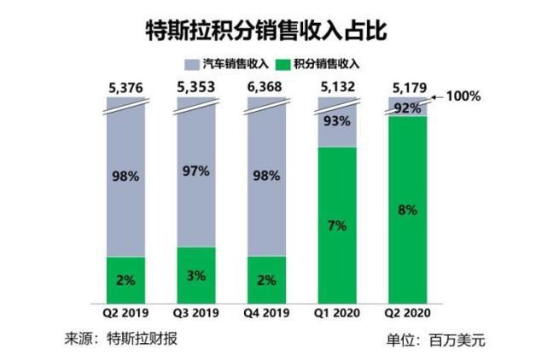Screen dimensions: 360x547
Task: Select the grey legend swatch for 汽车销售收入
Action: click(191, 64)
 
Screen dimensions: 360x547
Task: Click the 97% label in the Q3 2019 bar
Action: click(195, 171)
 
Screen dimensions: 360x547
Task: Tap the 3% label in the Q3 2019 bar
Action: click(195, 275)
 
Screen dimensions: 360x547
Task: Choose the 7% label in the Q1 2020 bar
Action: click(337, 225)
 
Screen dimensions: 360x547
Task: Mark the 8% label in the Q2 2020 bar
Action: click(407, 209)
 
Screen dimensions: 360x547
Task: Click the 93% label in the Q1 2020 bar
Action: click(337, 121)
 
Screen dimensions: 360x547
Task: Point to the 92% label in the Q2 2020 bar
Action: click(407, 108)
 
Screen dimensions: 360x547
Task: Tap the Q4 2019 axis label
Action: click(266, 314)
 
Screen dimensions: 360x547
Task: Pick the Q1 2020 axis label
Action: click(337, 314)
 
